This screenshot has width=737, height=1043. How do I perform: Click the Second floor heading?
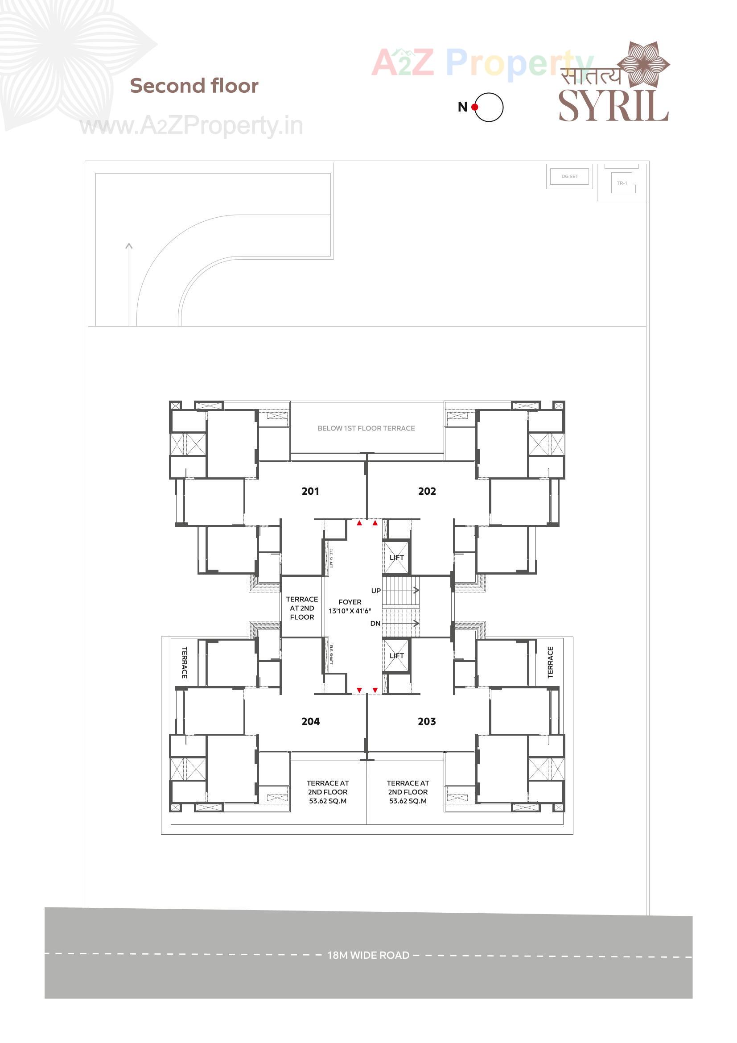click(x=194, y=86)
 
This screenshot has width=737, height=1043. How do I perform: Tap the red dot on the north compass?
click(x=474, y=107)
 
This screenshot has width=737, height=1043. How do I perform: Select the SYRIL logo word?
click(x=613, y=106)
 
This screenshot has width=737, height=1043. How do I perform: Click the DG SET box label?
click(x=569, y=176)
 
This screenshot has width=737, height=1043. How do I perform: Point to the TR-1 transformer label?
click(x=622, y=183)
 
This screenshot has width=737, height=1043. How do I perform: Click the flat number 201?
click(x=310, y=491)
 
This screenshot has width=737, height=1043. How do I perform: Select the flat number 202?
click(x=427, y=491)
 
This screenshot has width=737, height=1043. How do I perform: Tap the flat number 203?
click(x=426, y=721)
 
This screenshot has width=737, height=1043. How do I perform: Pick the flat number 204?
click(x=310, y=721)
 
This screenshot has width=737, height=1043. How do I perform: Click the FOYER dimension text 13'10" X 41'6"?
click(x=350, y=611)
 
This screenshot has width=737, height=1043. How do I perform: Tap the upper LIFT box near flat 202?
click(x=396, y=557)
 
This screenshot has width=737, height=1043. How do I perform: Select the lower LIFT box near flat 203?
click(x=396, y=655)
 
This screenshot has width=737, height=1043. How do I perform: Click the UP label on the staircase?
click(x=375, y=591)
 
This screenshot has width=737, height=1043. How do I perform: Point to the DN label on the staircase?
click(x=375, y=623)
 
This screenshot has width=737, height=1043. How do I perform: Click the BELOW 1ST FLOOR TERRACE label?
click(x=366, y=428)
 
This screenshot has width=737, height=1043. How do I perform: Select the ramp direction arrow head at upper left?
click(x=129, y=246)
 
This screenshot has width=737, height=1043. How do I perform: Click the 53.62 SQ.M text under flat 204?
click(x=327, y=801)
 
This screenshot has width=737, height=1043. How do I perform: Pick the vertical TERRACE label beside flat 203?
click(x=550, y=662)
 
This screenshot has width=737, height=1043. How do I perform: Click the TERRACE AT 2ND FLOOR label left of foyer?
click(x=301, y=608)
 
